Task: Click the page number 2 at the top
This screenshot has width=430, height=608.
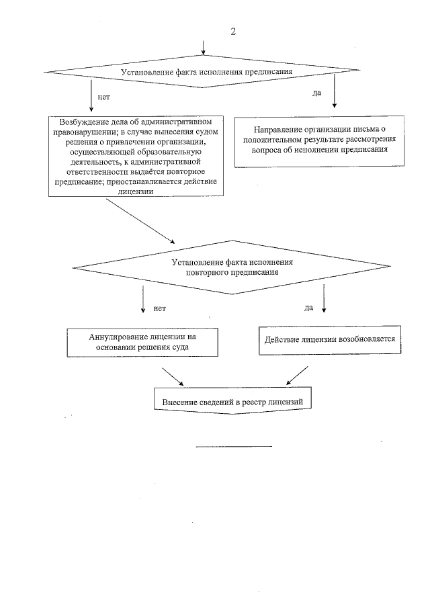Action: (x=233, y=32)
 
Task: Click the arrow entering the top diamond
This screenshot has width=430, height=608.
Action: (x=204, y=47)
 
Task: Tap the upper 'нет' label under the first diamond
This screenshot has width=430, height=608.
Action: (x=104, y=97)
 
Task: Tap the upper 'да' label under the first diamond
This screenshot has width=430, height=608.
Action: (x=316, y=93)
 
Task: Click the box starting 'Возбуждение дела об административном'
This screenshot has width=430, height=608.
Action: (x=136, y=156)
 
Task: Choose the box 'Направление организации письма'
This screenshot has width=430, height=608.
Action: (x=320, y=140)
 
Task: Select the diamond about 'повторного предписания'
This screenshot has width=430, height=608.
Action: (x=232, y=267)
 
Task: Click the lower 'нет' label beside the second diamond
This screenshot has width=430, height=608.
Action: (x=159, y=308)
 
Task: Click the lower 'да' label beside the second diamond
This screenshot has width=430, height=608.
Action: (x=309, y=308)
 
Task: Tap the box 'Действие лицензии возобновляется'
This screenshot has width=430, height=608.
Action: (x=331, y=339)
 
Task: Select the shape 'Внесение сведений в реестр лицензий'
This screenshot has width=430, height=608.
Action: (x=234, y=401)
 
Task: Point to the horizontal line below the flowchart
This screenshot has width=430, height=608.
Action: (x=234, y=445)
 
